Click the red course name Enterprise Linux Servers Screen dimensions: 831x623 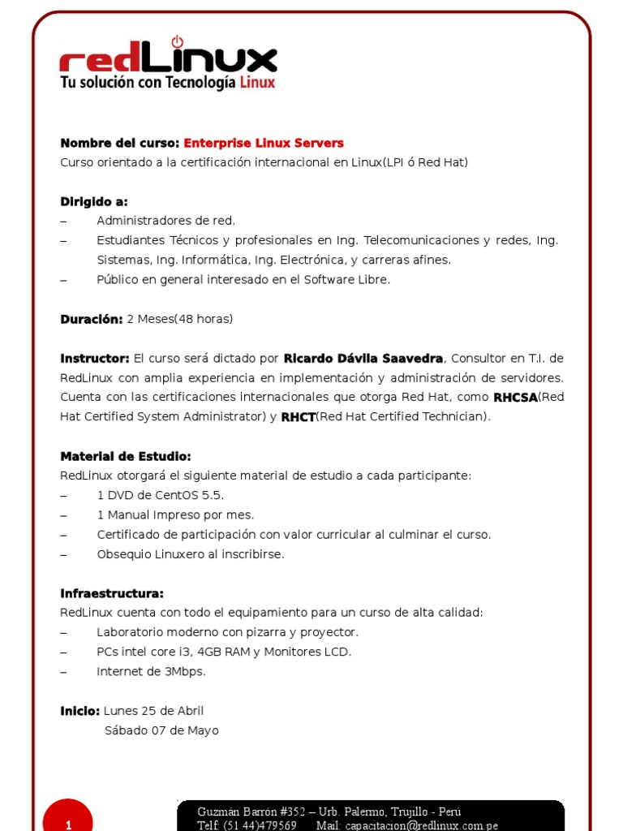coord(264,143)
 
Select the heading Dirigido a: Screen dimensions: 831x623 coord(94,201)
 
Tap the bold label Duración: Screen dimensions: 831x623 coord(92,319)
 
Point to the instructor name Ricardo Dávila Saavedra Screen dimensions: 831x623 coord(363,359)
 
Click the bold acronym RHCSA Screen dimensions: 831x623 coord(515,398)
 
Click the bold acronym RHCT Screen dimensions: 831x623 coord(298,417)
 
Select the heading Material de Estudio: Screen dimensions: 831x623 coord(126,456)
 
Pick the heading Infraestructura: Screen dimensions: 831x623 coord(112,593)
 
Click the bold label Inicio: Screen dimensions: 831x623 coord(80,711)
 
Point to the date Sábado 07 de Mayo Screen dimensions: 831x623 coord(161,730)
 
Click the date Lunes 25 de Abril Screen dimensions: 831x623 coord(153,711)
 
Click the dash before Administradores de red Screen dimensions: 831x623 coord(64,221)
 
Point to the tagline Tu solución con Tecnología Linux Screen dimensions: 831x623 coord(168,83)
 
